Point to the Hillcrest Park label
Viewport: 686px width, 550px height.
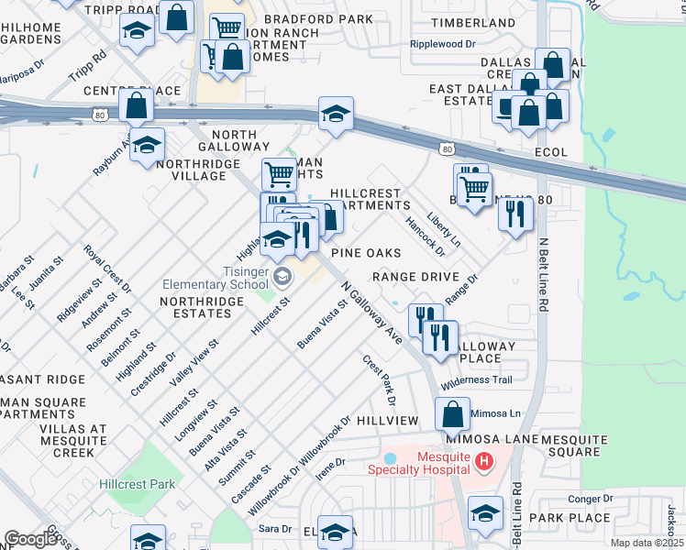pyautogui.click(x=138, y=484)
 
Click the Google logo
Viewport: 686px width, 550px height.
pyautogui.click(x=30, y=539)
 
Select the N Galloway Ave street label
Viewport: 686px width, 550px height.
pyautogui.click(x=372, y=313)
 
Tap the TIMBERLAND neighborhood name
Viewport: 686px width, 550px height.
pyautogui.click(x=473, y=23)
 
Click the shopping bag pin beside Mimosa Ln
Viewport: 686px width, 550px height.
pyautogui.click(x=452, y=413)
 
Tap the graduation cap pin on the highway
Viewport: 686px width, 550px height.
pyautogui.click(x=337, y=115)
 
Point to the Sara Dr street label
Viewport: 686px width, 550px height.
pyautogui.click(x=274, y=529)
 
